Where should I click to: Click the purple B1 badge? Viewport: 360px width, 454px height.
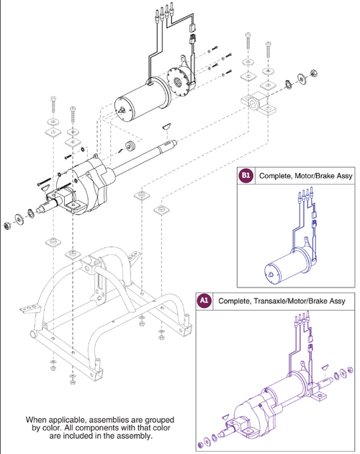(246, 175)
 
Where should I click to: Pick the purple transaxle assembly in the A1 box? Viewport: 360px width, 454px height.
(274, 393)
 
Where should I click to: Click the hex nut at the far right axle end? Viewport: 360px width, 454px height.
(315, 73)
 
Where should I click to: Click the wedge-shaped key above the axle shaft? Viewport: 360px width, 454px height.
(166, 124)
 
